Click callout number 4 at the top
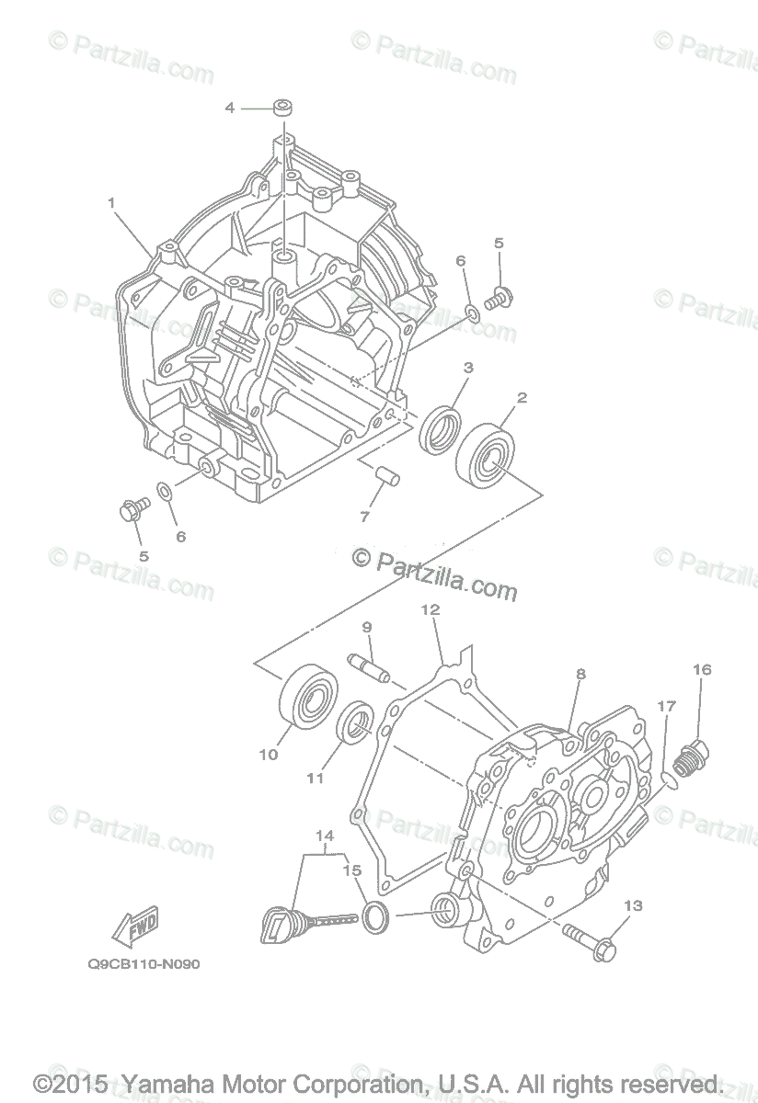230,108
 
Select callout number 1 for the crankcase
111,202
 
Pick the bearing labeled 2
488,452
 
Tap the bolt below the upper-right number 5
498,298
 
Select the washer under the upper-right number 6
472,314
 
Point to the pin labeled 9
369,665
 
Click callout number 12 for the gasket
430,609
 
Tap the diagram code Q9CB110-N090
144,965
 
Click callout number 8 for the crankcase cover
580,674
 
